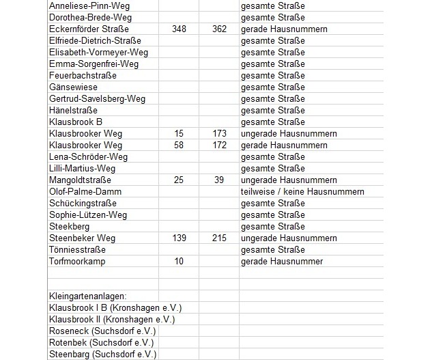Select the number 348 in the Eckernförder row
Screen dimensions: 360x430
tap(178, 29)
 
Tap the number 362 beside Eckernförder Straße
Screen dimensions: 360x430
tap(218, 29)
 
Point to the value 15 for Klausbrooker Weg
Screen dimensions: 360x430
tap(178, 133)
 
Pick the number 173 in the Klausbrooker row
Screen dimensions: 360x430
tap(218, 133)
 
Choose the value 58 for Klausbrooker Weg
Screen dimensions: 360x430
tap(178, 145)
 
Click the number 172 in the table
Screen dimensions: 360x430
tap(218, 145)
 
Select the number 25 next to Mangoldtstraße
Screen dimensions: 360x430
tap(178, 180)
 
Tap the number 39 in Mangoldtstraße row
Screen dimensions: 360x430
tap(218, 180)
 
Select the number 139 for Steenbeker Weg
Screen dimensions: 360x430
tap(178, 238)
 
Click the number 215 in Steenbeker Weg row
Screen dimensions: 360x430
tap(218, 238)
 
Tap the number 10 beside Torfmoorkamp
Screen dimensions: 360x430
tap(178, 261)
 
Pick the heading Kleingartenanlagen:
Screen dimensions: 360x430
tap(89, 296)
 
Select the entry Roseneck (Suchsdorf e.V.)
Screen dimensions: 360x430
tap(102, 331)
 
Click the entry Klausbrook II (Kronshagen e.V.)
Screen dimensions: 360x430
tap(112, 319)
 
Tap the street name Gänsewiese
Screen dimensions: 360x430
tap(74, 87)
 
